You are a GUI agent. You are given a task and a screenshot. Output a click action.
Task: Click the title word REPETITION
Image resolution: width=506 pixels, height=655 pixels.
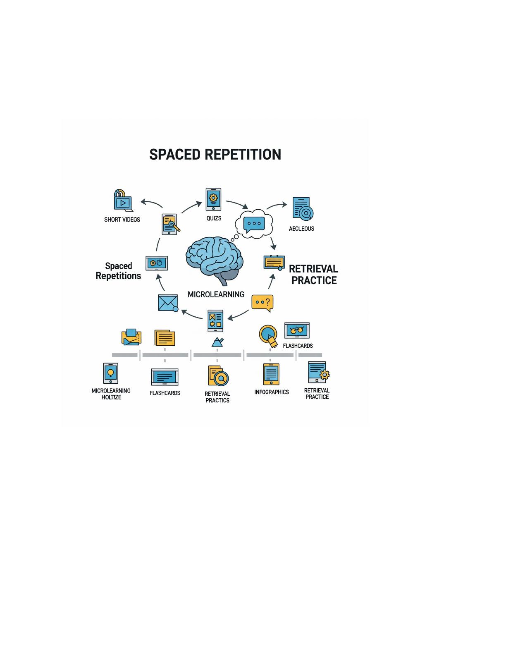click(x=243, y=155)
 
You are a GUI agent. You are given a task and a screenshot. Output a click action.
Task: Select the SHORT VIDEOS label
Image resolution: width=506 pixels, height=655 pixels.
click(x=122, y=220)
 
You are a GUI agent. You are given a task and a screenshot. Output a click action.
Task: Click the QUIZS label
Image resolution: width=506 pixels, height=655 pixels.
click(x=214, y=218)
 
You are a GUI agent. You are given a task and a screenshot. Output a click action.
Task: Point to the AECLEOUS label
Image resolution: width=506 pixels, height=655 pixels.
click(x=301, y=229)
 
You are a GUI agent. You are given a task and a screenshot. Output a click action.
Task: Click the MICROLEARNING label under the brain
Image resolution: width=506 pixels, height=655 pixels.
click(x=216, y=294)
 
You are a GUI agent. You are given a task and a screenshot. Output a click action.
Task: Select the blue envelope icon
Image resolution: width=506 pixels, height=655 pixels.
click(x=168, y=303)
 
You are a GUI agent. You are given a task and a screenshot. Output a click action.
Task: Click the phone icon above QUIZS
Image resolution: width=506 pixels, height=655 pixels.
click(x=213, y=199)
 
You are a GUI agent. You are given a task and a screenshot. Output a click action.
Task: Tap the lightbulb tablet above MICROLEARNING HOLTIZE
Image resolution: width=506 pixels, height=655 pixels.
click(x=111, y=373)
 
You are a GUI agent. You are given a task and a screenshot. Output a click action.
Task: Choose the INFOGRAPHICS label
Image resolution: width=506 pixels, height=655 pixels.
click(x=272, y=392)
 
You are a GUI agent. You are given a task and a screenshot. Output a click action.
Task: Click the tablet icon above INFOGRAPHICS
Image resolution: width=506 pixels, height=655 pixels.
click(x=271, y=374)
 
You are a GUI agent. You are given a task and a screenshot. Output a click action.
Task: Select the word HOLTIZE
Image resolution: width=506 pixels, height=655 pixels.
click(x=111, y=397)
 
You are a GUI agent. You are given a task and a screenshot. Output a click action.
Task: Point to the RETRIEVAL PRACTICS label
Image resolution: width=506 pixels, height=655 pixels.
click(x=217, y=397)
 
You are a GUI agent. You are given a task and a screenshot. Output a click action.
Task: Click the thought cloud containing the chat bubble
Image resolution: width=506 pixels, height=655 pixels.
click(x=254, y=224)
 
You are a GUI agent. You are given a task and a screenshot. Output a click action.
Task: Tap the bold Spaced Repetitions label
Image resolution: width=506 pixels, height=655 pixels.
click(x=118, y=271)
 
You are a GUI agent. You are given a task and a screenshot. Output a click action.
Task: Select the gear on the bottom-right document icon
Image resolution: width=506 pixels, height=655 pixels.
click(x=325, y=375)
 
